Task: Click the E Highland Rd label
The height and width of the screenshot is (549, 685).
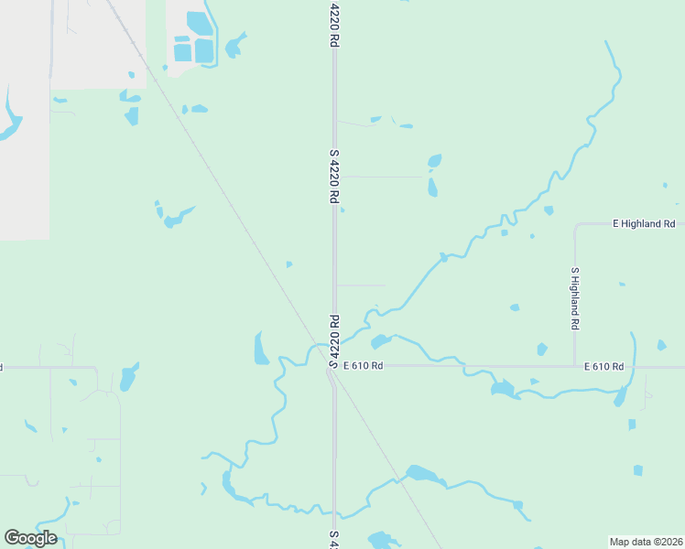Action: pyautogui.click(x=643, y=223)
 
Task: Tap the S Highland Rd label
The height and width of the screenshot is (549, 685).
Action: pyautogui.click(x=575, y=298)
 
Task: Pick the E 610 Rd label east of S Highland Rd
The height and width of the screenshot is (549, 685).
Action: pyautogui.click(x=603, y=366)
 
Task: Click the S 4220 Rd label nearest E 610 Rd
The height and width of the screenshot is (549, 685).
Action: pyautogui.click(x=334, y=340)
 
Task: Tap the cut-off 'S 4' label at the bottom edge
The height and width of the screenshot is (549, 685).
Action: pyautogui.click(x=334, y=538)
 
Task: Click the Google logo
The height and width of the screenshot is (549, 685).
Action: pyautogui.click(x=30, y=538)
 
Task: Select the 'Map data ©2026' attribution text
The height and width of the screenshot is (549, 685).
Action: pyautogui.click(x=646, y=542)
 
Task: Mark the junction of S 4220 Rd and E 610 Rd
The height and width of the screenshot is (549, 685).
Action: pyautogui.click(x=334, y=367)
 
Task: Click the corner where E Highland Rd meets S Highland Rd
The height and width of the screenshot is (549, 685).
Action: pyautogui.click(x=576, y=224)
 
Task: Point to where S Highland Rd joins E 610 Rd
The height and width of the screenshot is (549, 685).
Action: pyautogui.click(x=575, y=367)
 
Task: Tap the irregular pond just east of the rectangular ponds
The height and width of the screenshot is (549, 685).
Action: pyautogui.click(x=236, y=43)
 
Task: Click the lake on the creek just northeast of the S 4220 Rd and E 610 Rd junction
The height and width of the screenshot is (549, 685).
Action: pyautogui.click(x=380, y=342)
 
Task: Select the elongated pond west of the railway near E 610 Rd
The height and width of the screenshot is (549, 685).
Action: pyautogui.click(x=261, y=349)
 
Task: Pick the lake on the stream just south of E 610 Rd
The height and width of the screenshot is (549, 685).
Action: pyautogui.click(x=502, y=389)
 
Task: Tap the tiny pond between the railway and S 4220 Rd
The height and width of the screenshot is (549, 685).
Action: pyautogui.click(x=289, y=264)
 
